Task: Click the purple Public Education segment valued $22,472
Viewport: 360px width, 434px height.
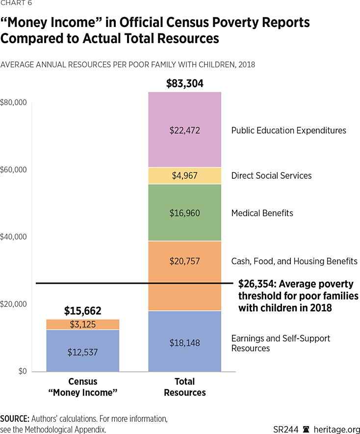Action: tap(184, 130)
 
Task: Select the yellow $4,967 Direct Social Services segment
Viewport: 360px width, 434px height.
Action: tap(184, 176)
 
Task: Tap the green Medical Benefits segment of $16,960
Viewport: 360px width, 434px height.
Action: tap(184, 213)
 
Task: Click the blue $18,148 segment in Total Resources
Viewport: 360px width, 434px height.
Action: tap(184, 342)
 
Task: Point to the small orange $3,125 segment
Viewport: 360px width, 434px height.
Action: tap(82, 325)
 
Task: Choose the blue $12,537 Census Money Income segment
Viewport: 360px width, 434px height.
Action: tap(82, 351)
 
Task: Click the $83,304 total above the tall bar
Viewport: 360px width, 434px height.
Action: tap(184, 83)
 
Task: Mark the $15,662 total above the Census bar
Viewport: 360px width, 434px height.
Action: tap(82, 311)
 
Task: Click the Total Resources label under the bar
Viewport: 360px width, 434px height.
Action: tap(184, 387)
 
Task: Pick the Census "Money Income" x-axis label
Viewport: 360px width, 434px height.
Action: tap(82, 387)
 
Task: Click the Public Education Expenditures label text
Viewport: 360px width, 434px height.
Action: tap(288, 131)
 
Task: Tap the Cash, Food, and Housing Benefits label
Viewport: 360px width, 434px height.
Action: tap(294, 261)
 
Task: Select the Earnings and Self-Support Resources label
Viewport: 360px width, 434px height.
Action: tap(281, 343)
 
